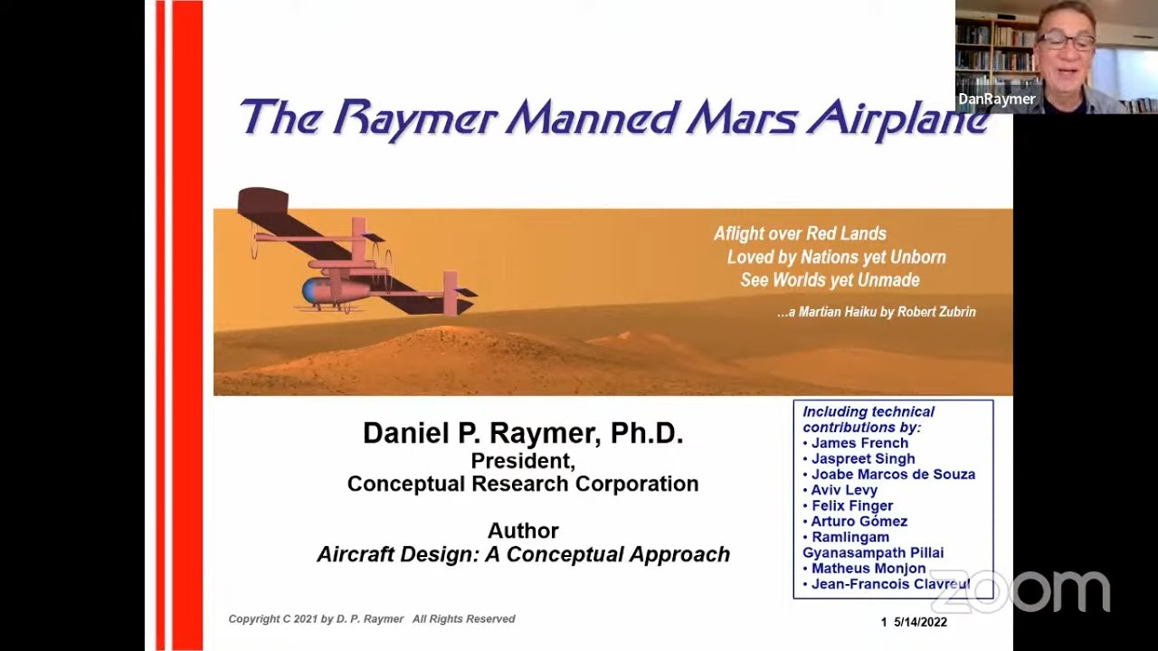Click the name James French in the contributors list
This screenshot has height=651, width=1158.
859,443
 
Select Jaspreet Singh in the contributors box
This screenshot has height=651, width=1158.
862,458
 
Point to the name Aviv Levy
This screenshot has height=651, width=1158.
844,490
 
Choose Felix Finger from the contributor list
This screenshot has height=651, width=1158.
852,505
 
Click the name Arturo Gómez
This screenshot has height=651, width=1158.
859,521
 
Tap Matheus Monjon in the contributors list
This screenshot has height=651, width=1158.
868,569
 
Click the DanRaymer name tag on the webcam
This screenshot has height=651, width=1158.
996,99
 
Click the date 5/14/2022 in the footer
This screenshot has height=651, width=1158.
920,622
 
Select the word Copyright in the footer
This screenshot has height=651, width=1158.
255,619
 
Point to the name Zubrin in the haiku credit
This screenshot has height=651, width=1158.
956,312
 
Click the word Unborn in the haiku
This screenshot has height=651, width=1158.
916,257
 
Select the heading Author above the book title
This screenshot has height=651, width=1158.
523,531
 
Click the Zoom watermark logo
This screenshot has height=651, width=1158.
1020,590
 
